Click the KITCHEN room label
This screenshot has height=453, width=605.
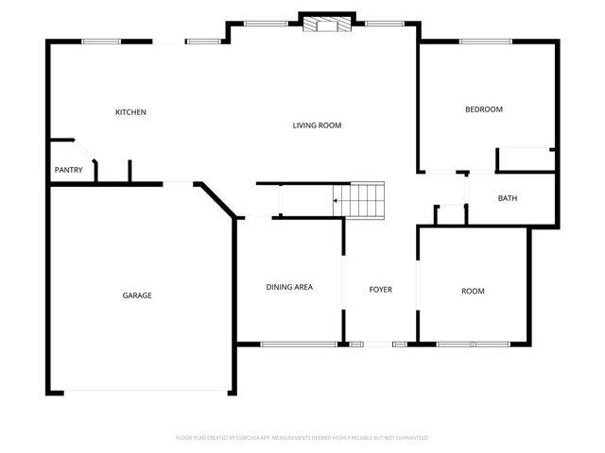[130, 112]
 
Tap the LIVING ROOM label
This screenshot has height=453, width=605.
[316, 126]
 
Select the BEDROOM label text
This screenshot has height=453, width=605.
[483, 109]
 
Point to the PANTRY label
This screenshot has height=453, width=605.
[68, 171]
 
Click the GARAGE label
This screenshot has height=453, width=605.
[136, 295]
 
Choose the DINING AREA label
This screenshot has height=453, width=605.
[288, 287]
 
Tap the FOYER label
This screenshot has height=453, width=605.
[380, 290]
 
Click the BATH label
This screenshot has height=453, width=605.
[508, 198]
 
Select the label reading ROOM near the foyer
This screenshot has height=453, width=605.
[473, 292]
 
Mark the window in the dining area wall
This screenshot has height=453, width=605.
[299, 344]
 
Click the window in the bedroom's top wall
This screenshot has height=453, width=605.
[485, 41]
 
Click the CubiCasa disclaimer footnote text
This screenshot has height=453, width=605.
[302, 438]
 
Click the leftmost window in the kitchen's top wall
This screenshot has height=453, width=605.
[101, 41]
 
